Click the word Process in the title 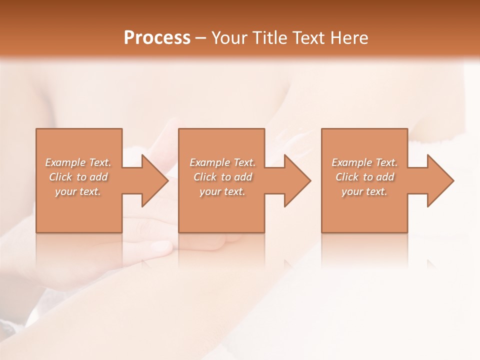coord(157,38)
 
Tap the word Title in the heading coord(269,38)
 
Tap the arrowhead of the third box coord(439,180)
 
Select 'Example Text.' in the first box coord(78,162)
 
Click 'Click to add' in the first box coord(78,177)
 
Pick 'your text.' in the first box coord(78,191)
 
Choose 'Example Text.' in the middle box coord(222,162)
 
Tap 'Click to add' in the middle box coord(222,177)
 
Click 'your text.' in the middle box coord(222,191)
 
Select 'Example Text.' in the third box coord(364,162)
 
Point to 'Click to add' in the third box coord(364,177)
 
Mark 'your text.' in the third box coord(364,191)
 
